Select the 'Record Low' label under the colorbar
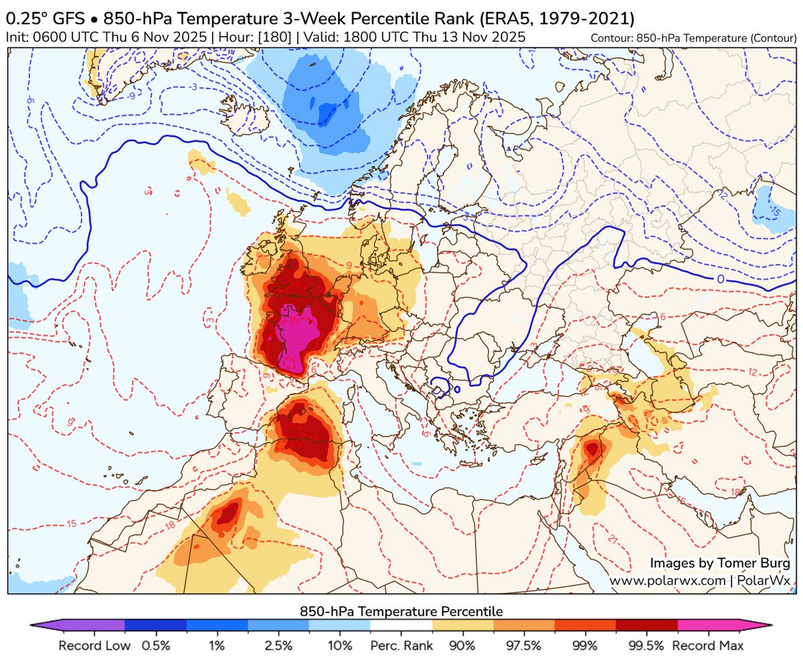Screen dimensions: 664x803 tap(89, 647)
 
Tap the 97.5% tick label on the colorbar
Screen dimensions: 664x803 tap(524, 647)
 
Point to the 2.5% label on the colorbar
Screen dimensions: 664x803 tap(278, 647)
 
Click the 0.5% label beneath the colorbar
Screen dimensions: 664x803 tap(155, 647)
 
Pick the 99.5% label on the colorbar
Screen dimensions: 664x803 tap(647, 647)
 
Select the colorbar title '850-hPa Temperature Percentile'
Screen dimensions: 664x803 tap(401, 611)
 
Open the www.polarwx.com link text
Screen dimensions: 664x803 tap(666, 580)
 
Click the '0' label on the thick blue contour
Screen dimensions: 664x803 tap(720, 278)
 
